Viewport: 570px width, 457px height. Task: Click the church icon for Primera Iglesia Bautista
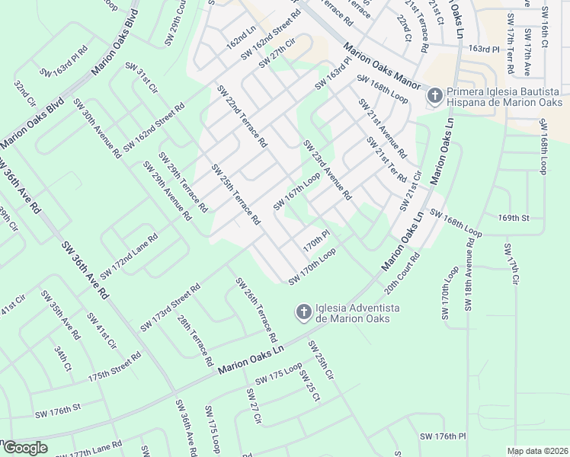(x=434, y=95)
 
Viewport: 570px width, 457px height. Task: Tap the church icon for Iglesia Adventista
(x=303, y=312)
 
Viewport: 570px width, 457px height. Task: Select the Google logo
(x=24, y=448)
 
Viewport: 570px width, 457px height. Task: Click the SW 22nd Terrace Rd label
(x=242, y=115)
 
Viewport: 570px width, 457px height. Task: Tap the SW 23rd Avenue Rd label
(x=327, y=170)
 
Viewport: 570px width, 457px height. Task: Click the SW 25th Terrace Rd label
(x=236, y=196)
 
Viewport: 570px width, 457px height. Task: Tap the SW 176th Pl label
(x=442, y=436)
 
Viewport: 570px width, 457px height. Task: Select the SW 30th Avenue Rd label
(x=98, y=127)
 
